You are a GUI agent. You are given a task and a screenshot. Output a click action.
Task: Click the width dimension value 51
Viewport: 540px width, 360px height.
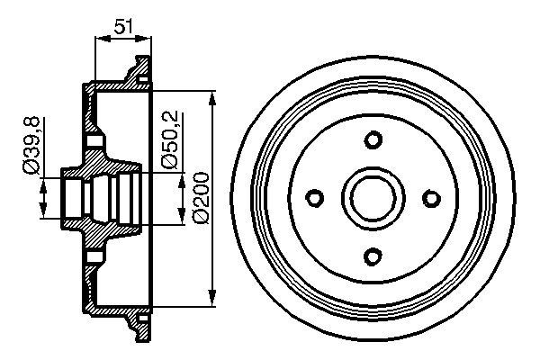click(x=123, y=27)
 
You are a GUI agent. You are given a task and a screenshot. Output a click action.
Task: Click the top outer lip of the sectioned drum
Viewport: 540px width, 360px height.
click(x=139, y=67)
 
